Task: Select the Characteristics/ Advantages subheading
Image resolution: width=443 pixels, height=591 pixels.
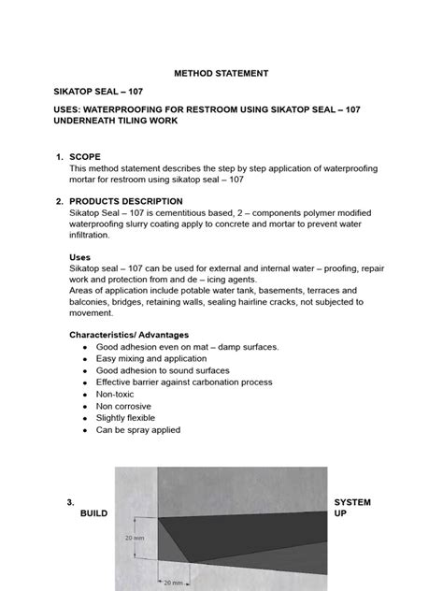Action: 130,334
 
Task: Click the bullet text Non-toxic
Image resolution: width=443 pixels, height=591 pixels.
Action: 115,395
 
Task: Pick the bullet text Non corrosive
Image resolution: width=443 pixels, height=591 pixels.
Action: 122,406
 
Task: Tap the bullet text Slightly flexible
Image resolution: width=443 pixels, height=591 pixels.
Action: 128,418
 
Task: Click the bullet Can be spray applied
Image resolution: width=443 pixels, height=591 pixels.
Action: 137,430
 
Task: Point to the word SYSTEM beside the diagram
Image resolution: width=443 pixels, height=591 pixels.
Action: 352,502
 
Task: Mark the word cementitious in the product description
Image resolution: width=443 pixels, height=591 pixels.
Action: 166,213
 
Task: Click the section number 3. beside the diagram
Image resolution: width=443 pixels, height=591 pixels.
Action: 70,502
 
